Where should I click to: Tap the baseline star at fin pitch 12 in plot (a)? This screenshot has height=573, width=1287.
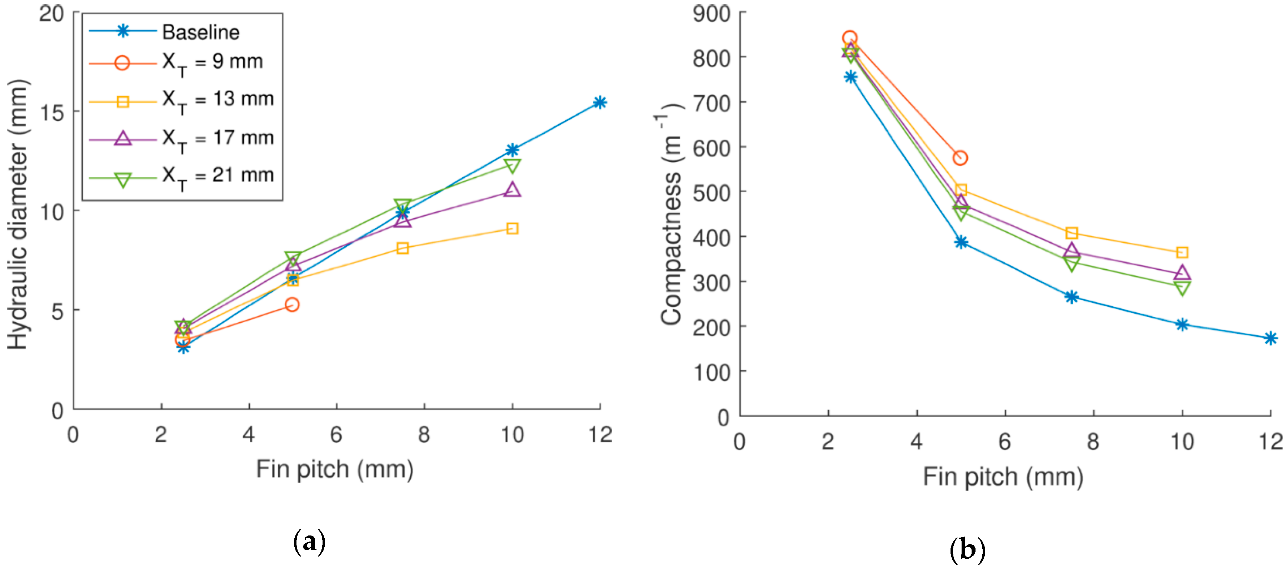point(599,103)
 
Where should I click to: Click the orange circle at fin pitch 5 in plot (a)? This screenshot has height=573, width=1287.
point(292,305)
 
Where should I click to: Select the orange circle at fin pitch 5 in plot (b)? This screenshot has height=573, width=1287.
point(960,158)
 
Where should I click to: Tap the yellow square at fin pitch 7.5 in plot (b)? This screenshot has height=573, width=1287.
point(1071,233)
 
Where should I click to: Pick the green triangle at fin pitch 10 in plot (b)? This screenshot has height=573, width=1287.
point(1182,288)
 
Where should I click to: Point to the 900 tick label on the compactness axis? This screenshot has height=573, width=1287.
point(711,14)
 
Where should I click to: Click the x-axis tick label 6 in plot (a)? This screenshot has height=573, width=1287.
point(336,435)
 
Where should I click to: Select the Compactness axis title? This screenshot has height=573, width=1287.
point(670,215)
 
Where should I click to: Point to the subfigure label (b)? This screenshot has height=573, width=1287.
point(967,549)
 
